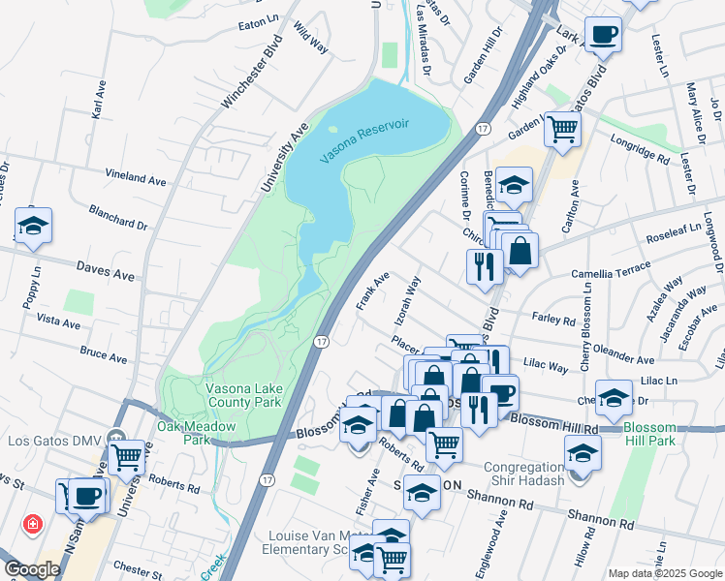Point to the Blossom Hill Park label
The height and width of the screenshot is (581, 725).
click(663, 435)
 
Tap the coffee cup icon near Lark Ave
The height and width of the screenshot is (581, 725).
click(603, 35)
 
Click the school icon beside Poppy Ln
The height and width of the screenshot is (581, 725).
click(34, 227)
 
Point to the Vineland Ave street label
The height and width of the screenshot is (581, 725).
click(137, 178)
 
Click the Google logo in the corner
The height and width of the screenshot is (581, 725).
click(32, 569)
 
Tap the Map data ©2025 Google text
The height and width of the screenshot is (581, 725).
click(664, 573)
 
